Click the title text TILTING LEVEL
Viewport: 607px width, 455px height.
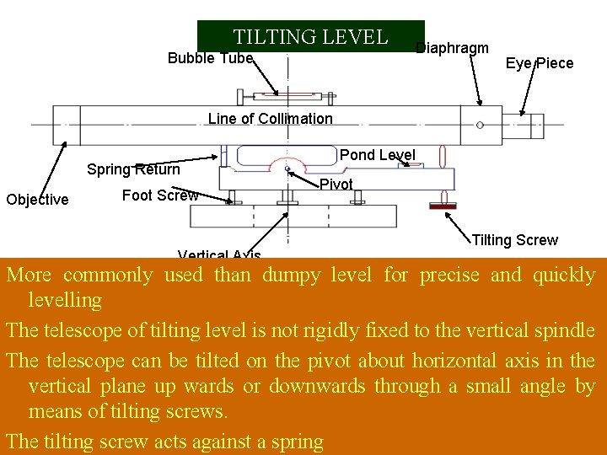(x=310, y=37)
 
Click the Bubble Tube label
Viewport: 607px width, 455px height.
(x=210, y=58)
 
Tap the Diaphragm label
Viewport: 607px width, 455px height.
(x=452, y=48)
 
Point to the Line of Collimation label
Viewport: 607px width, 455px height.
(x=270, y=119)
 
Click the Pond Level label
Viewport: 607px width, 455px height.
(x=377, y=155)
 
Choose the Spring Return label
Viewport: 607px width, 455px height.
(x=133, y=169)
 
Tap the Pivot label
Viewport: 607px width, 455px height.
(x=336, y=184)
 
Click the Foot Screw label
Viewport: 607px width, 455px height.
(x=160, y=196)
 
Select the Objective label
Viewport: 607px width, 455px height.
(x=37, y=200)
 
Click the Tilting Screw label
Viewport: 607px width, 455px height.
(x=514, y=240)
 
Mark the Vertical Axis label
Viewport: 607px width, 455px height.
(x=219, y=255)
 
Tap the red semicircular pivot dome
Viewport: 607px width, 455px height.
(x=288, y=166)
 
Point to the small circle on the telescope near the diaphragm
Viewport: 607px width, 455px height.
(x=479, y=125)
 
